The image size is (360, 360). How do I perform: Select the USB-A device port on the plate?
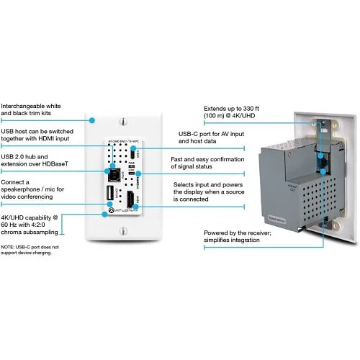click(x=110, y=197)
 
